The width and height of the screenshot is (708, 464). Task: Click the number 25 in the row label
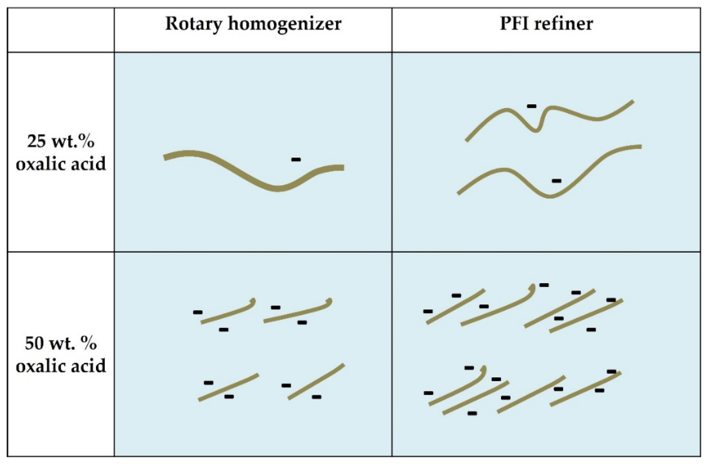coord(36,141)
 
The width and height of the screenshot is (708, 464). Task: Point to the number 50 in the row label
coord(34,344)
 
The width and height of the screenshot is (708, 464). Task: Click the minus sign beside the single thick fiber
coord(296,160)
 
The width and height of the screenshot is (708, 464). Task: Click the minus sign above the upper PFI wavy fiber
coord(532,106)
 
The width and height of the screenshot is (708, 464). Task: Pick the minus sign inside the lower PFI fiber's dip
coord(557,181)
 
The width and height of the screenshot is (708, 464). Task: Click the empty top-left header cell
coord(61,30)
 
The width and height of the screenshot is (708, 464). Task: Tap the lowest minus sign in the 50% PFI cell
coord(472,413)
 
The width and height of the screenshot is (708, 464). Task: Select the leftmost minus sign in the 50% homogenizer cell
coord(198,312)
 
